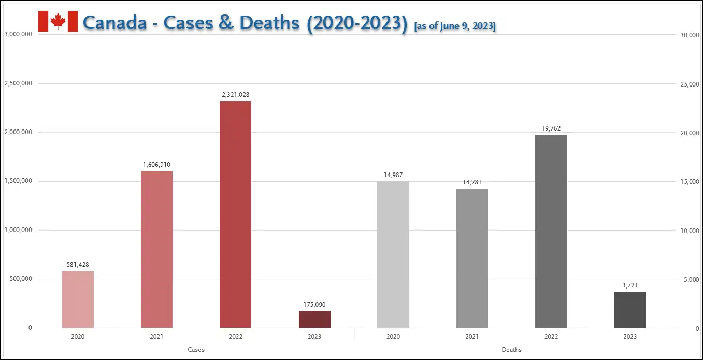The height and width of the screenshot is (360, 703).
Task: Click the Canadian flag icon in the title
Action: (x=58, y=21)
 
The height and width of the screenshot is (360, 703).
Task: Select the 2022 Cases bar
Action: (x=235, y=214)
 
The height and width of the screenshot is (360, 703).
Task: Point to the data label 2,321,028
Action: (x=235, y=95)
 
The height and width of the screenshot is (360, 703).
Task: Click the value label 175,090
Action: (x=314, y=305)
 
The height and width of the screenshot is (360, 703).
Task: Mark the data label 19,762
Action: (x=551, y=128)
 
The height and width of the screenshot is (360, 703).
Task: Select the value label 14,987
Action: (x=393, y=175)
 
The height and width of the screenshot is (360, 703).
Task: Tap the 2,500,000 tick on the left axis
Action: (x=19, y=83)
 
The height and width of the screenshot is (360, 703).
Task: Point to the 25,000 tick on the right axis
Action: (x=690, y=84)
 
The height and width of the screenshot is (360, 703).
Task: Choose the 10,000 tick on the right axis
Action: (x=690, y=231)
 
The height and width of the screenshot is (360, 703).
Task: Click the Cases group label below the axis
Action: (x=196, y=350)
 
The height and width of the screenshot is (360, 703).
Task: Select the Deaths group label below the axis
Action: (x=511, y=350)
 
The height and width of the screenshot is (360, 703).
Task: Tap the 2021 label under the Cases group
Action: (x=156, y=337)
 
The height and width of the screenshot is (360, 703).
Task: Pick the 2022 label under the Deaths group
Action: (x=551, y=337)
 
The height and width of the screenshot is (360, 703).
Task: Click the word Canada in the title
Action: (x=114, y=23)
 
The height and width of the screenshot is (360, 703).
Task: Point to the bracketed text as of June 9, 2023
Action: (x=455, y=26)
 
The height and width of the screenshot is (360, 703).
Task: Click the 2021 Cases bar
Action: (x=156, y=249)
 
